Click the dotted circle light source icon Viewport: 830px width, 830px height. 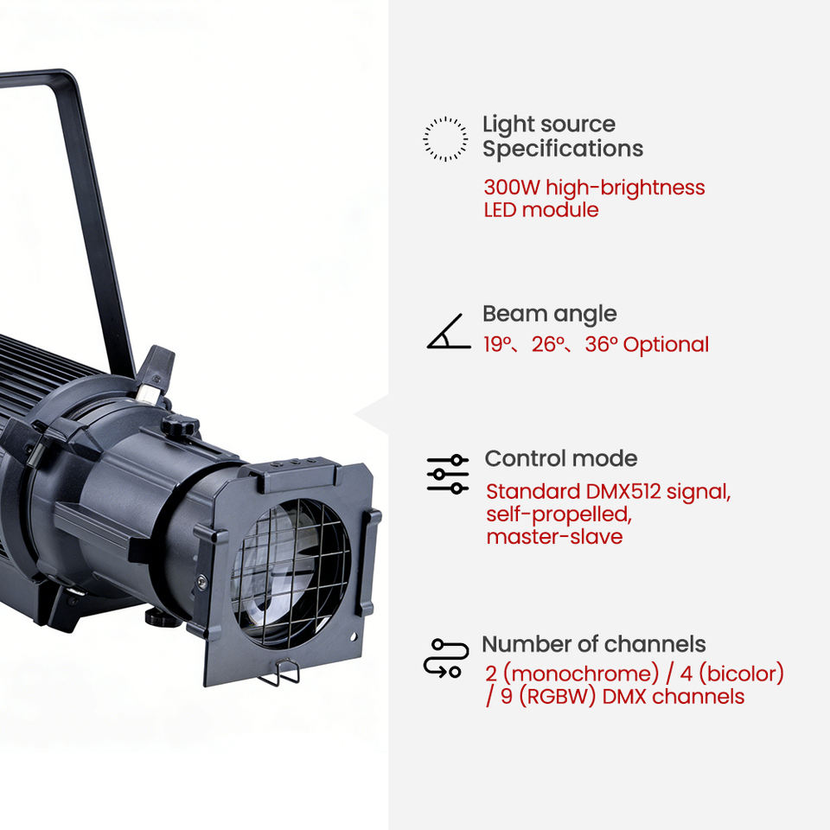tap(445, 138)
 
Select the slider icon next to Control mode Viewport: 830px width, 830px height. tap(448, 475)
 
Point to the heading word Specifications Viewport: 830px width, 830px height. tap(563, 149)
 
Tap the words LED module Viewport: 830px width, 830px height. tap(541, 209)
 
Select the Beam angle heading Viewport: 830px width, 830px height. tap(550, 313)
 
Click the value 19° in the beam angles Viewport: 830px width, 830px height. tap(497, 344)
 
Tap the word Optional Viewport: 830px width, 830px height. tap(666, 344)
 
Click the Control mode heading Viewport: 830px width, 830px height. tap(561, 458)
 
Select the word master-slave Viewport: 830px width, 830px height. tap(554, 536)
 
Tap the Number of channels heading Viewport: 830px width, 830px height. tap(594, 644)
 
